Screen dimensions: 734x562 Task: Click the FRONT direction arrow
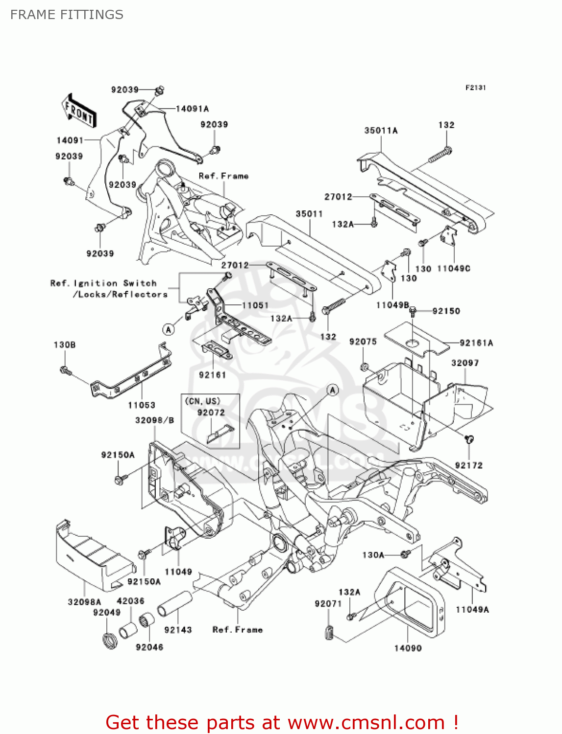pyautogui.click(x=79, y=111)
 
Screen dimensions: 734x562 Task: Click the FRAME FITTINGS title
pyautogui.click(x=67, y=15)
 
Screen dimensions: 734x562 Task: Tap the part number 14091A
pyautogui.click(x=192, y=109)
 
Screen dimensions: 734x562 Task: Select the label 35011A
pyautogui.click(x=381, y=131)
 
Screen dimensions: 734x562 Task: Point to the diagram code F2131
pyautogui.click(x=475, y=88)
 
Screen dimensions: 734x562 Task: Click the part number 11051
pyautogui.click(x=255, y=305)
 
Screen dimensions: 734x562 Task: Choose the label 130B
pyautogui.click(x=65, y=345)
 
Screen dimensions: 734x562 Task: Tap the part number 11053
pyautogui.click(x=141, y=405)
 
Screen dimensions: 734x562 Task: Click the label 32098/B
pyautogui.click(x=154, y=420)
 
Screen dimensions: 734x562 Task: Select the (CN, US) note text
pyautogui.click(x=202, y=401)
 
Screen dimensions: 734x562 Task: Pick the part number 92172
pyautogui.click(x=468, y=465)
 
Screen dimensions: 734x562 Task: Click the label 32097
pyautogui.click(x=464, y=363)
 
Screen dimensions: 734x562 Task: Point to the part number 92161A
pyautogui.click(x=476, y=343)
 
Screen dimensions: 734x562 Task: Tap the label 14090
pyautogui.click(x=408, y=648)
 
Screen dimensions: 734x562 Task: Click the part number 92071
pyautogui.click(x=328, y=604)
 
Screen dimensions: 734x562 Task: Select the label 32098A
pyautogui.click(x=84, y=602)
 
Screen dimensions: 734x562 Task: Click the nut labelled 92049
pyautogui.click(x=110, y=640)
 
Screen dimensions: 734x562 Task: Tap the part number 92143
pyautogui.click(x=178, y=630)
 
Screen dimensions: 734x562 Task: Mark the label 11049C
pyautogui.click(x=453, y=269)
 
